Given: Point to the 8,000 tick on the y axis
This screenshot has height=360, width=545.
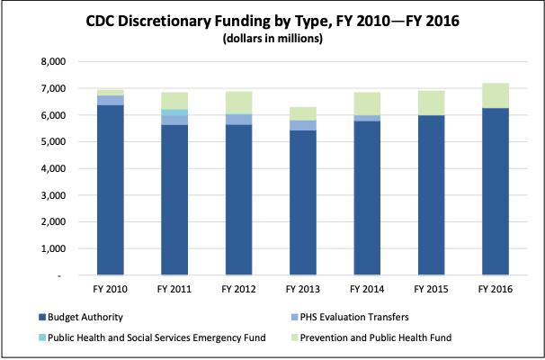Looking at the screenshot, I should click(x=51, y=62).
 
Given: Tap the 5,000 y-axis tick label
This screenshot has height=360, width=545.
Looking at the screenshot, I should click(x=51, y=142).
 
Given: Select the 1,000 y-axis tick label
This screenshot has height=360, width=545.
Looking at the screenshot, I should click(x=51, y=248).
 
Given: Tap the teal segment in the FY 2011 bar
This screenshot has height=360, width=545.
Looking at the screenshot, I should click(x=173, y=112).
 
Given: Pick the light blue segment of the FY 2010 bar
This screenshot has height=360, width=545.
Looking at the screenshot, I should click(x=111, y=100).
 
